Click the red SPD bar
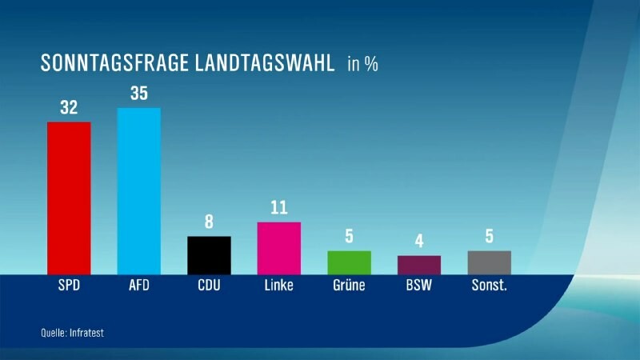point(69,198)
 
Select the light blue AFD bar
point(138,191)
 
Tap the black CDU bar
point(209,255)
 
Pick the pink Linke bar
point(279,249)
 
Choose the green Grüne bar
point(350,263)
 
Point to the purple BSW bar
point(419,266)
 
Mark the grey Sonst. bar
point(490,263)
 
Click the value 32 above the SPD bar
point(69,107)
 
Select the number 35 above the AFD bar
point(139,94)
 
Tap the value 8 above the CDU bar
point(209,222)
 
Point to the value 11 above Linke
point(279,208)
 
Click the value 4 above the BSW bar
point(419,242)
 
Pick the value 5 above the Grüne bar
point(349,236)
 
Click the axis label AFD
point(139,285)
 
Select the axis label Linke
point(278,285)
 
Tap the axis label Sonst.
point(490,285)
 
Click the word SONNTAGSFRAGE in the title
point(114,63)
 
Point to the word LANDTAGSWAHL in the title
point(265,63)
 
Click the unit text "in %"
point(363,64)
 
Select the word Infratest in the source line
point(87,333)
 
